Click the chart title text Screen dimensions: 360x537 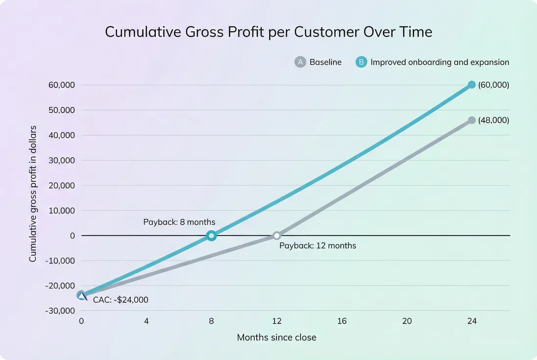pyautogui.click(x=268, y=32)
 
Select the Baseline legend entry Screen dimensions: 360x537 pyautogui.click(x=318, y=62)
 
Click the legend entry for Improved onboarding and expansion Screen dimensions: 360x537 pyautogui.click(x=433, y=62)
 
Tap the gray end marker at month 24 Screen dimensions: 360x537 pyautogui.click(x=471, y=120)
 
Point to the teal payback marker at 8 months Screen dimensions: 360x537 pyautogui.click(x=211, y=236)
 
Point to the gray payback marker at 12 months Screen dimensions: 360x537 pyautogui.click(x=277, y=236)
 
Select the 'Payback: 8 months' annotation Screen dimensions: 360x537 pyautogui.click(x=179, y=222)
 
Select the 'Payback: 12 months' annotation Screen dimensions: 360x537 pyautogui.click(x=317, y=245)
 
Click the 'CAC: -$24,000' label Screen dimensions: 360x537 pyautogui.click(x=121, y=300)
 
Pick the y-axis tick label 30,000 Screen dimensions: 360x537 pyautogui.click(x=61, y=160)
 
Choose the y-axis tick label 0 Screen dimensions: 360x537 pyautogui.click(x=72, y=236)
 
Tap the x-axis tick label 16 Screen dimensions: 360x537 pyautogui.click(x=342, y=321)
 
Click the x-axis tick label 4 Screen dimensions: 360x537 pyautogui.click(x=146, y=321)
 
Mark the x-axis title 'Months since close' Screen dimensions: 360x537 pyautogui.click(x=276, y=337)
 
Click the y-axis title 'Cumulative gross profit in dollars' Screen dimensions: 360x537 pyautogui.click(x=33, y=193)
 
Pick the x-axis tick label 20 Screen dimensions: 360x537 pyautogui.click(x=407, y=321)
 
